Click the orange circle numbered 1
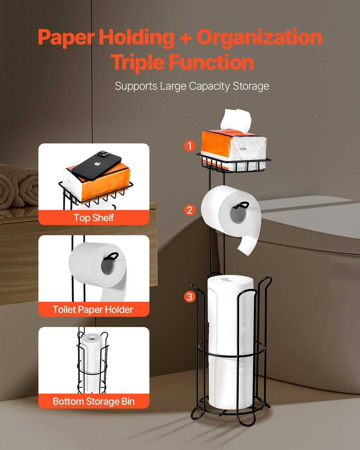[x=189, y=146]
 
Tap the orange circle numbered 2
[x=189, y=210]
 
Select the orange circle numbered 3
[x=189, y=296]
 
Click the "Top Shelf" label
[x=94, y=218]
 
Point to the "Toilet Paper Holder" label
[x=93, y=310]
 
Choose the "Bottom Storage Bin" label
[x=94, y=401]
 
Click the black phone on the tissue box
[x=96, y=166]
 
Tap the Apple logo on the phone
[x=97, y=164]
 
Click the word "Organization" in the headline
[x=259, y=38]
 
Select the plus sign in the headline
[x=185, y=38]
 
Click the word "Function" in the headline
[x=211, y=62]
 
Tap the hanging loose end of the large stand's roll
[x=249, y=245]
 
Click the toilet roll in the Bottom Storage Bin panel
[x=92, y=364]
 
